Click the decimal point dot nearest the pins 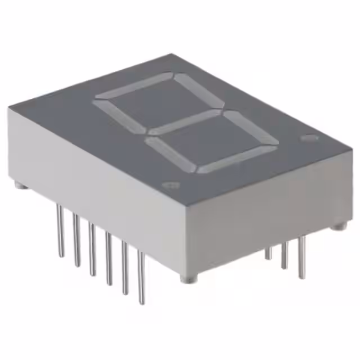point(169,185)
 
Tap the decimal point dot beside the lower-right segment point(308,137)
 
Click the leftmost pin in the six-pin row point(60,231)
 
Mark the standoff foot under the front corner point(188,278)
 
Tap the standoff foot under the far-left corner point(18,184)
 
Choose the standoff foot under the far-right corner point(337,227)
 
